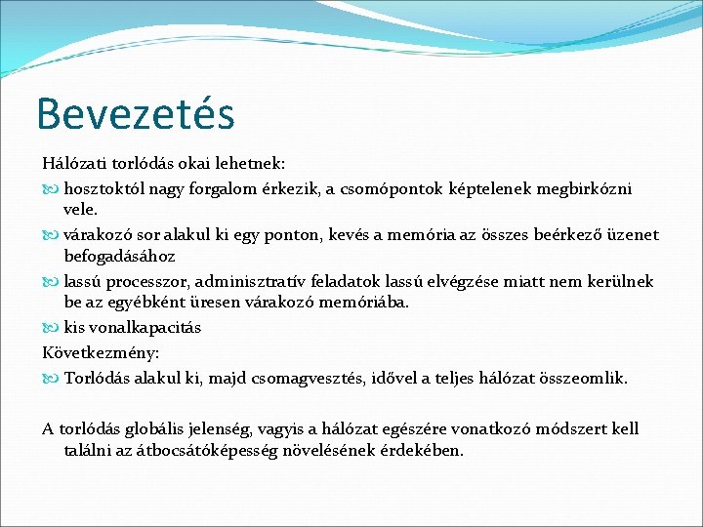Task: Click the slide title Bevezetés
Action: [136, 113]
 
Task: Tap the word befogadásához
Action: [119, 257]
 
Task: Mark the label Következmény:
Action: [101, 351]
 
